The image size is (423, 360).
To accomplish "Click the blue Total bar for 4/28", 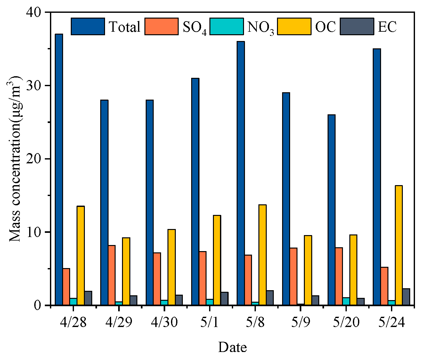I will click(x=59, y=169).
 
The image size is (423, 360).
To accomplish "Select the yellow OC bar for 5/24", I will click(x=398, y=245).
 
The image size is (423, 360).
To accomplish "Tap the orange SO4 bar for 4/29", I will click(x=112, y=275).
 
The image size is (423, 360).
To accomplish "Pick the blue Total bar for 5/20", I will click(x=331, y=210).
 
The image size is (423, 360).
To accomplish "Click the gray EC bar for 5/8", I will click(x=270, y=298).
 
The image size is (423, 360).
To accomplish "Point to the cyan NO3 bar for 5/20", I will click(x=346, y=301).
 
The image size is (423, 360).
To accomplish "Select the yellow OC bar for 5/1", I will click(x=217, y=260).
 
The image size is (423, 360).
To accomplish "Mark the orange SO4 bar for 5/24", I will click(x=384, y=286).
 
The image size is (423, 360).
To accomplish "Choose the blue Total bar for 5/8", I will click(x=241, y=173).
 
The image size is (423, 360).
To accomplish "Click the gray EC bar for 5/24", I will click(x=406, y=297).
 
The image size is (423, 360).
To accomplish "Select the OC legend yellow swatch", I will click(x=294, y=26).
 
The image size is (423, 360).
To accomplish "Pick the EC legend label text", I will click(x=387, y=27).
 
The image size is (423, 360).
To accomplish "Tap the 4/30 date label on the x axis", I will click(x=164, y=322).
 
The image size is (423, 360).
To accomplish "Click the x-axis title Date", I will click(x=232, y=347).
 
